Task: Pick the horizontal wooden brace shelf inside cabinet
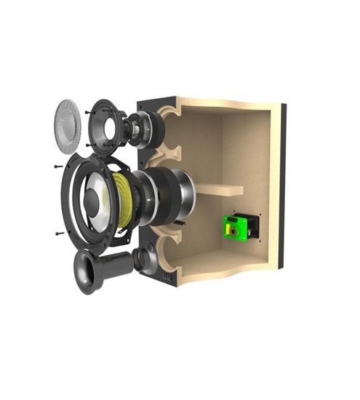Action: [219, 190]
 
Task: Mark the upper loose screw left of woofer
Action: [57, 166]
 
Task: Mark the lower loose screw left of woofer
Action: [57, 234]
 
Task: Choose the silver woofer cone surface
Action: [102, 207]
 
